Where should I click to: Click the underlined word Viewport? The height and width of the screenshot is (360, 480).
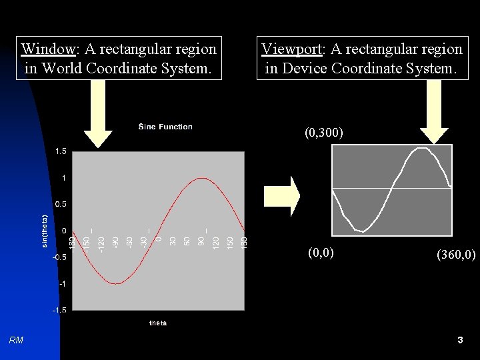coord(291,49)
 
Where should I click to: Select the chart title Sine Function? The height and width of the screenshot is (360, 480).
coord(165,127)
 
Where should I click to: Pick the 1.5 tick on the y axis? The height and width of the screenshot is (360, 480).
coord(61,152)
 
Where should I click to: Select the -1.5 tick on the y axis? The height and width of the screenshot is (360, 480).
coord(59,310)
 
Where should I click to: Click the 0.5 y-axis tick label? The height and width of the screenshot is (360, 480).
coord(61,204)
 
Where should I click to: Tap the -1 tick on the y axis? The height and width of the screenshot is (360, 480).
coord(62,284)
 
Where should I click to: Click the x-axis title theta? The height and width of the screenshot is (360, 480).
coord(158,323)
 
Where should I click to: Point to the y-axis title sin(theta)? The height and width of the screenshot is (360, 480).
coord(45,231)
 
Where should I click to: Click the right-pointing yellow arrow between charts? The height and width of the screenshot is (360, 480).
coord(282,196)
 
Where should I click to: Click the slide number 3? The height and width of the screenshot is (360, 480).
coord(460,341)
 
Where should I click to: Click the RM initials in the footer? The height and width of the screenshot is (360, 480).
coord(17,341)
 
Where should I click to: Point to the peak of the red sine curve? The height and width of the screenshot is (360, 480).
coord(201,179)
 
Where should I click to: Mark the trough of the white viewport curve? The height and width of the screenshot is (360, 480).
coord(361,231)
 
